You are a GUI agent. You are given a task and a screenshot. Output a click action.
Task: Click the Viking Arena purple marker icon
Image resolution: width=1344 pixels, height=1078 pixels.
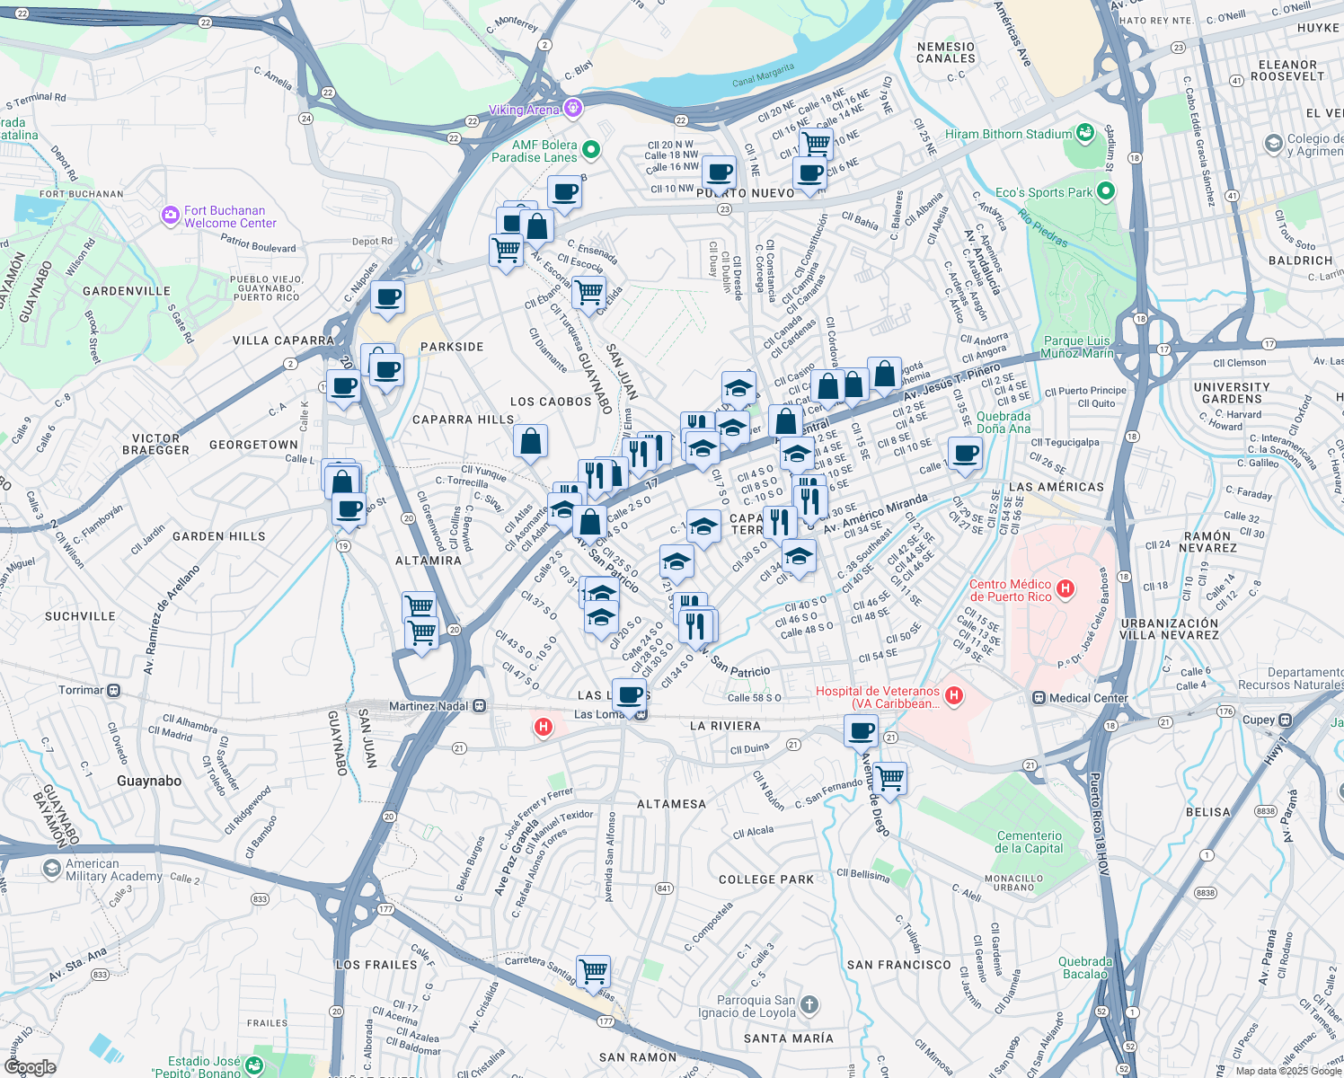tap(572, 109)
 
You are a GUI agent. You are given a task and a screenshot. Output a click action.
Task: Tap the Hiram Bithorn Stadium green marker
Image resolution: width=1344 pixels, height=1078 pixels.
tap(1085, 134)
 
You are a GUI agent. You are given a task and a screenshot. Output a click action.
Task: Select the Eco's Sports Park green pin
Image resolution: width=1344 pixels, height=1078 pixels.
tap(1106, 191)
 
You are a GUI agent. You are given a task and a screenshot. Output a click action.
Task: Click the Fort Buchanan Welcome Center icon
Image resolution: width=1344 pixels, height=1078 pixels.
tap(171, 216)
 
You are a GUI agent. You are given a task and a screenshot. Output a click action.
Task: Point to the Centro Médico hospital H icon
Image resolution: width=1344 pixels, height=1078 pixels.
tap(1065, 589)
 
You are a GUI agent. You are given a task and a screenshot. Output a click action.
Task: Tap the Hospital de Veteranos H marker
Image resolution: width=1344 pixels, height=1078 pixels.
tap(954, 695)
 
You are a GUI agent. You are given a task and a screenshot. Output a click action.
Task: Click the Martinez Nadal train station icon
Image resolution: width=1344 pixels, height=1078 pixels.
tap(480, 706)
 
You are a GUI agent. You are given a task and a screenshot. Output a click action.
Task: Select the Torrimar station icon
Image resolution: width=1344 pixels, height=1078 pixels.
tap(114, 690)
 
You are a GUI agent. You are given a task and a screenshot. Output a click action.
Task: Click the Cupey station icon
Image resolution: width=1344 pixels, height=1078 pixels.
tap(1286, 720)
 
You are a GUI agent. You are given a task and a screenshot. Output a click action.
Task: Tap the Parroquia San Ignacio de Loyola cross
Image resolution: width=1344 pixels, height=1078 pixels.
tap(809, 1005)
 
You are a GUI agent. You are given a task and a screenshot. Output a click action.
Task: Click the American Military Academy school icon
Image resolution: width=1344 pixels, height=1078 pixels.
tap(52, 869)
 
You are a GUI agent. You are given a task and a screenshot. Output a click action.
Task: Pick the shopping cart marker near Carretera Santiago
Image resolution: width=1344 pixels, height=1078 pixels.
tap(593, 971)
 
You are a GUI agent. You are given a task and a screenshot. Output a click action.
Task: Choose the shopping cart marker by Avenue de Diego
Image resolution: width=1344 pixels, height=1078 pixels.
tap(889, 777)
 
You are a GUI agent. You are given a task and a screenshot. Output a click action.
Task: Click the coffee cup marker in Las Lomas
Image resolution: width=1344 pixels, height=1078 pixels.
tap(629, 694)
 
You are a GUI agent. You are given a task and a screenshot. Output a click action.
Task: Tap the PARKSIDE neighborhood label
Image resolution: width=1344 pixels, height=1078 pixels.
tap(452, 347)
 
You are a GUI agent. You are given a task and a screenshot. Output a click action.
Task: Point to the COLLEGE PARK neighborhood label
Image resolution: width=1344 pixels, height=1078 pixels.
tap(766, 879)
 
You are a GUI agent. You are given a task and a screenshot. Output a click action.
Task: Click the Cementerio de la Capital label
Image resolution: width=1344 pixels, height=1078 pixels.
tap(1029, 842)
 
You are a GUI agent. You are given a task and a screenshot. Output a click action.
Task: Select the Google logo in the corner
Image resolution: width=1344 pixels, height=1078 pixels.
tap(30, 1066)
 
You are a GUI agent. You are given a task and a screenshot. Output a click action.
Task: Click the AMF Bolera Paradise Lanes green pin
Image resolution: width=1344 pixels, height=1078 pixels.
tap(591, 149)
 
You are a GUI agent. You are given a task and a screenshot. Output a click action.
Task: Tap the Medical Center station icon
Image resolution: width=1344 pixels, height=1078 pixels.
tap(1039, 698)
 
